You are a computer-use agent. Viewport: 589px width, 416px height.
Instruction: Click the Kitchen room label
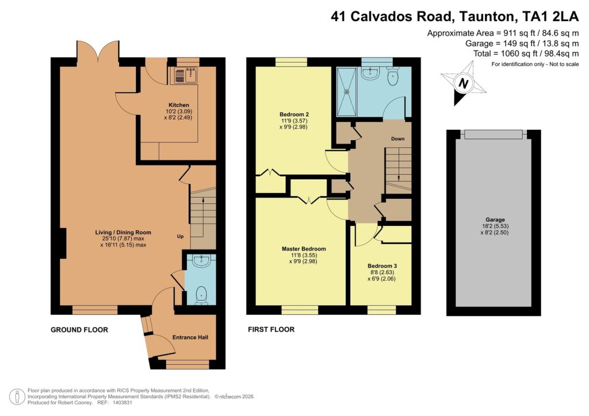tap(178, 105)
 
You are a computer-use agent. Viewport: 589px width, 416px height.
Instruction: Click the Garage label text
tap(495, 219)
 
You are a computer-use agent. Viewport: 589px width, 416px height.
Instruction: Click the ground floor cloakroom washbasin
tap(202, 262)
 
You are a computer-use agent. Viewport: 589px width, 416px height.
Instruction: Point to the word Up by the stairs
tap(180, 237)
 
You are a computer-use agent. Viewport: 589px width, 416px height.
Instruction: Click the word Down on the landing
tap(397, 139)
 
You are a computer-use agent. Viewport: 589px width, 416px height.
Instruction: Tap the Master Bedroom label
tap(304, 249)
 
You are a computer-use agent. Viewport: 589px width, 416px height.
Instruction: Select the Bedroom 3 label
tap(382, 266)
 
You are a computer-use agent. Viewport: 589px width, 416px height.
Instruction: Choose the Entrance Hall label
tap(190, 337)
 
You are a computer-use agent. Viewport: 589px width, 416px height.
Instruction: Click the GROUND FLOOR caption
tap(79, 330)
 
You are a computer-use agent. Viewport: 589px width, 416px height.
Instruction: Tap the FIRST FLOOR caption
tap(271, 330)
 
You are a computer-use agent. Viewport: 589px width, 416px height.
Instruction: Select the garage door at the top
tap(494, 134)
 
